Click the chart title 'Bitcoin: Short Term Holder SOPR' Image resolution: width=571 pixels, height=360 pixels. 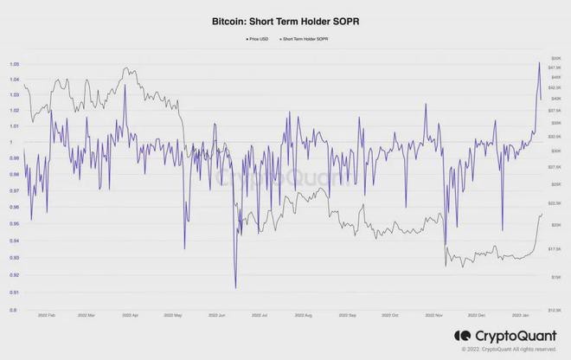[x=285, y=16]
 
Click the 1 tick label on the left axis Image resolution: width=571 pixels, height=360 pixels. [x=13, y=142]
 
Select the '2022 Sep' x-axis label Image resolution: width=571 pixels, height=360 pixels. [x=348, y=316]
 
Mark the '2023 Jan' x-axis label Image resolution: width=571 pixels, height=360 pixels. [x=520, y=316]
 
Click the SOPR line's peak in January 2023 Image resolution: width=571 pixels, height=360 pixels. [x=539, y=62]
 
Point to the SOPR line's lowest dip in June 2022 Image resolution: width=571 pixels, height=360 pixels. [x=235, y=288]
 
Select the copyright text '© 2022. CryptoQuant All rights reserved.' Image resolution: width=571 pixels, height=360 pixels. [x=509, y=350]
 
